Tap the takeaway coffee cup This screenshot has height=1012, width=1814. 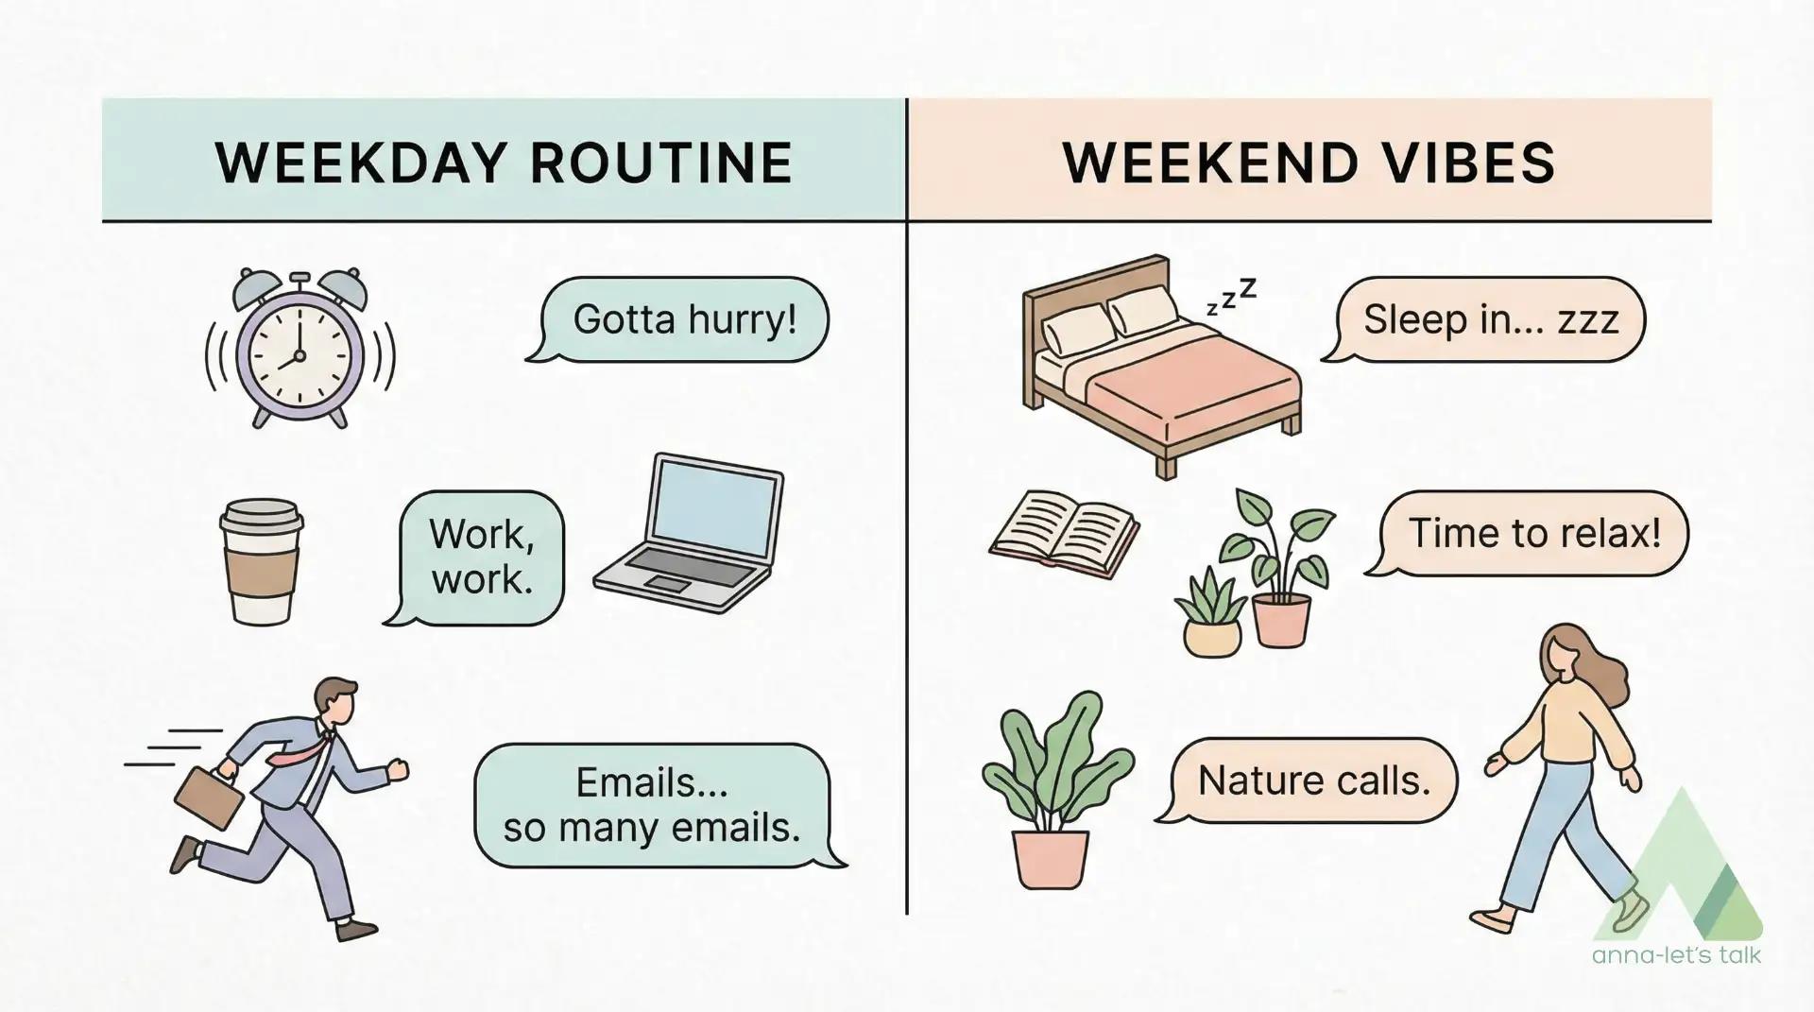coord(261,561)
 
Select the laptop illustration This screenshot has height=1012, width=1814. coord(689,534)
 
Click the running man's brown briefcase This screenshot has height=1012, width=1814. coord(208,796)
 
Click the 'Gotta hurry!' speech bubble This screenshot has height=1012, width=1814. coord(678,319)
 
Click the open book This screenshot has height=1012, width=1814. coord(1065,534)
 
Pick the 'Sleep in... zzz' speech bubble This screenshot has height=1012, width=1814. coord(1484,319)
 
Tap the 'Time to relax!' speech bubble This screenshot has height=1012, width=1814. coord(1528,533)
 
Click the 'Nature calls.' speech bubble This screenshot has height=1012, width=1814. coord(1308,780)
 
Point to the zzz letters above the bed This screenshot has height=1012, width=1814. coord(1231,296)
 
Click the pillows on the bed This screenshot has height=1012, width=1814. coord(1111,318)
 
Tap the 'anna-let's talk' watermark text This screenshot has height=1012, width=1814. coord(1676,955)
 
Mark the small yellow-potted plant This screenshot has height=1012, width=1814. coord(1210,611)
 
